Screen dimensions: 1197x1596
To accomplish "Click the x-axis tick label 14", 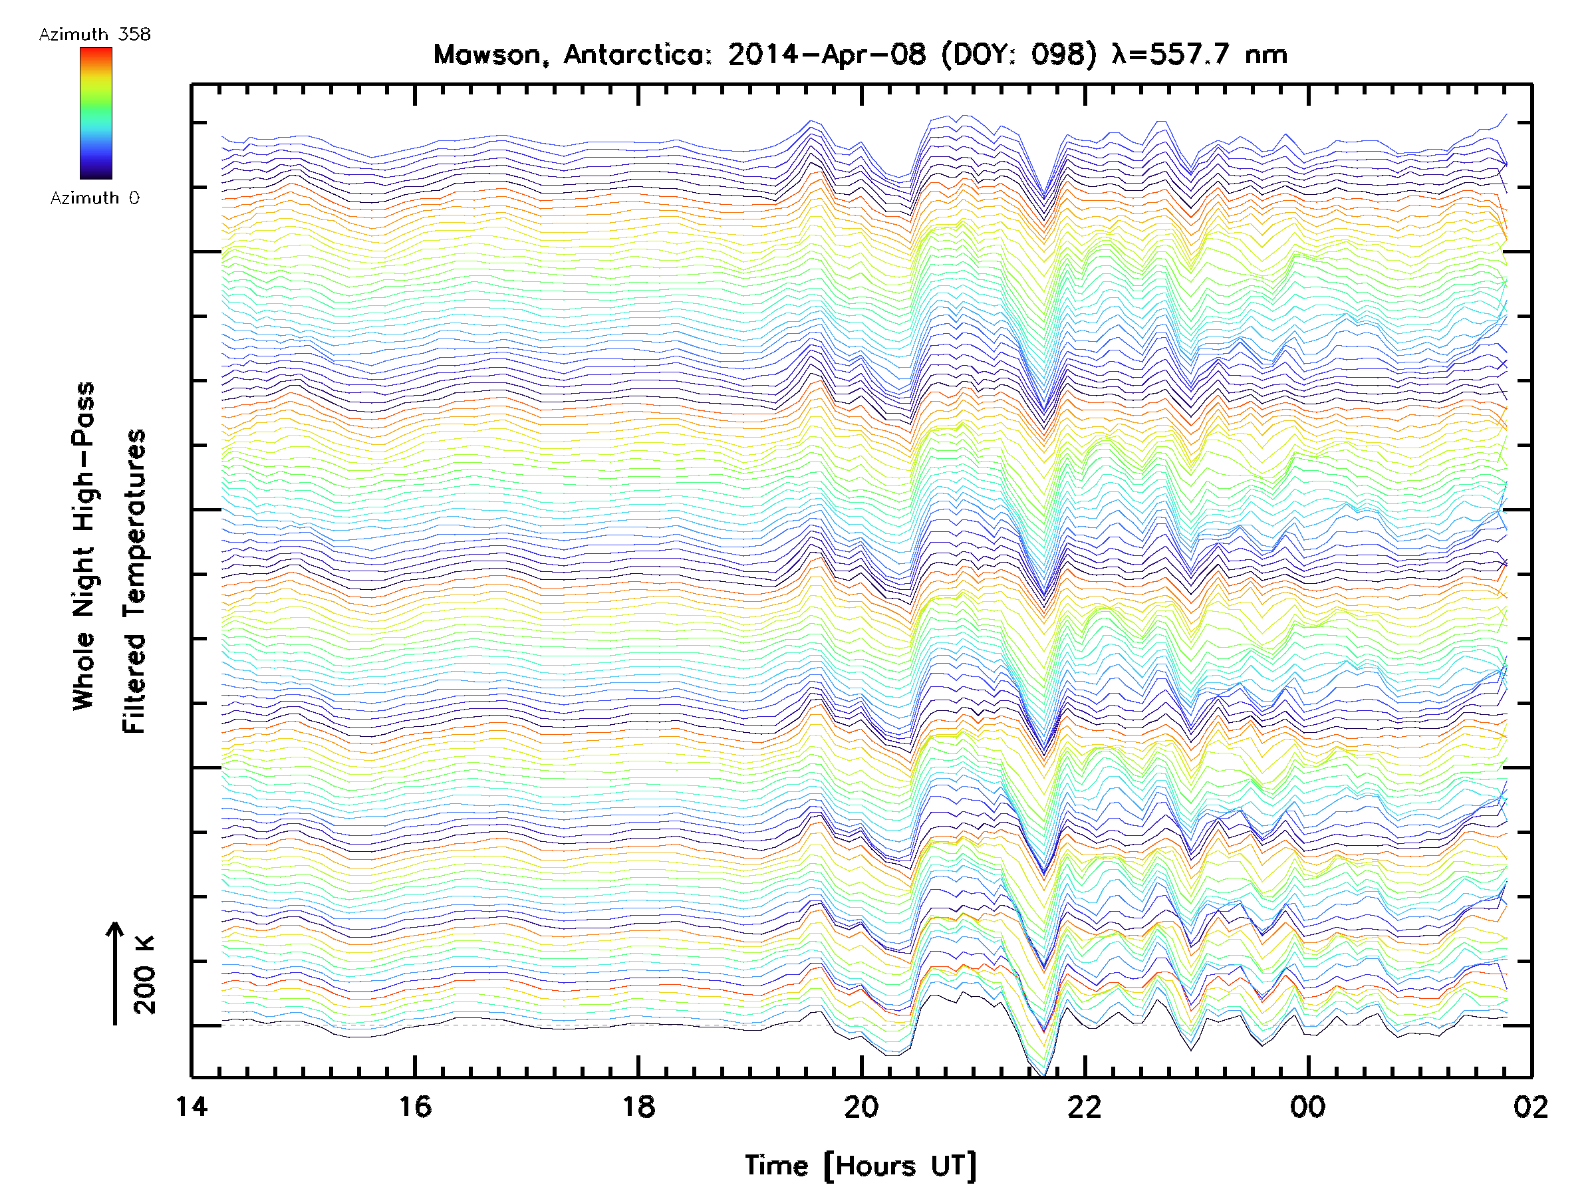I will pyautogui.click(x=192, y=1106).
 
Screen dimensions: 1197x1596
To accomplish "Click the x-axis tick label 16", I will pyautogui.click(x=415, y=1106).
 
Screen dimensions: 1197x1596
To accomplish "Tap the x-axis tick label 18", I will pyautogui.click(x=638, y=1106).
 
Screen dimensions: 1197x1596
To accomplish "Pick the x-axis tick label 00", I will pyautogui.click(x=1308, y=1106).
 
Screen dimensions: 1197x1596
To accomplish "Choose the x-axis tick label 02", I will pyautogui.click(x=1530, y=1106).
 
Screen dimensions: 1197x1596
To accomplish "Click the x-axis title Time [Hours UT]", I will pyautogui.click(x=861, y=1165).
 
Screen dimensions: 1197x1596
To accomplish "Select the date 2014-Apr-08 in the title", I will pyautogui.click(x=826, y=55).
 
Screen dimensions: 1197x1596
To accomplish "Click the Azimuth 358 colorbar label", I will pyautogui.click(x=94, y=35).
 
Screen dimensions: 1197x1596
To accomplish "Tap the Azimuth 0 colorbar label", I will pyautogui.click(x=94, y=198).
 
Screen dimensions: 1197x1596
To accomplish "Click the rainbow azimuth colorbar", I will pyautogui.click(x=96, y=113).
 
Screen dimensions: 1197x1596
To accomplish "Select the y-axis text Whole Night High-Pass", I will pyautogui.click(x=84, y=546).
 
